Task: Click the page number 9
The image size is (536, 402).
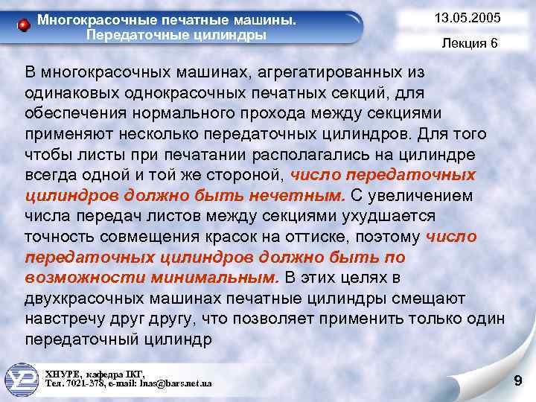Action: (x=518, y=382)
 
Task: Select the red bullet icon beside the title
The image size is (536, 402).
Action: (x=25, y=25)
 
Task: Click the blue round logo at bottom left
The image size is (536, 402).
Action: (x=22, y=378)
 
